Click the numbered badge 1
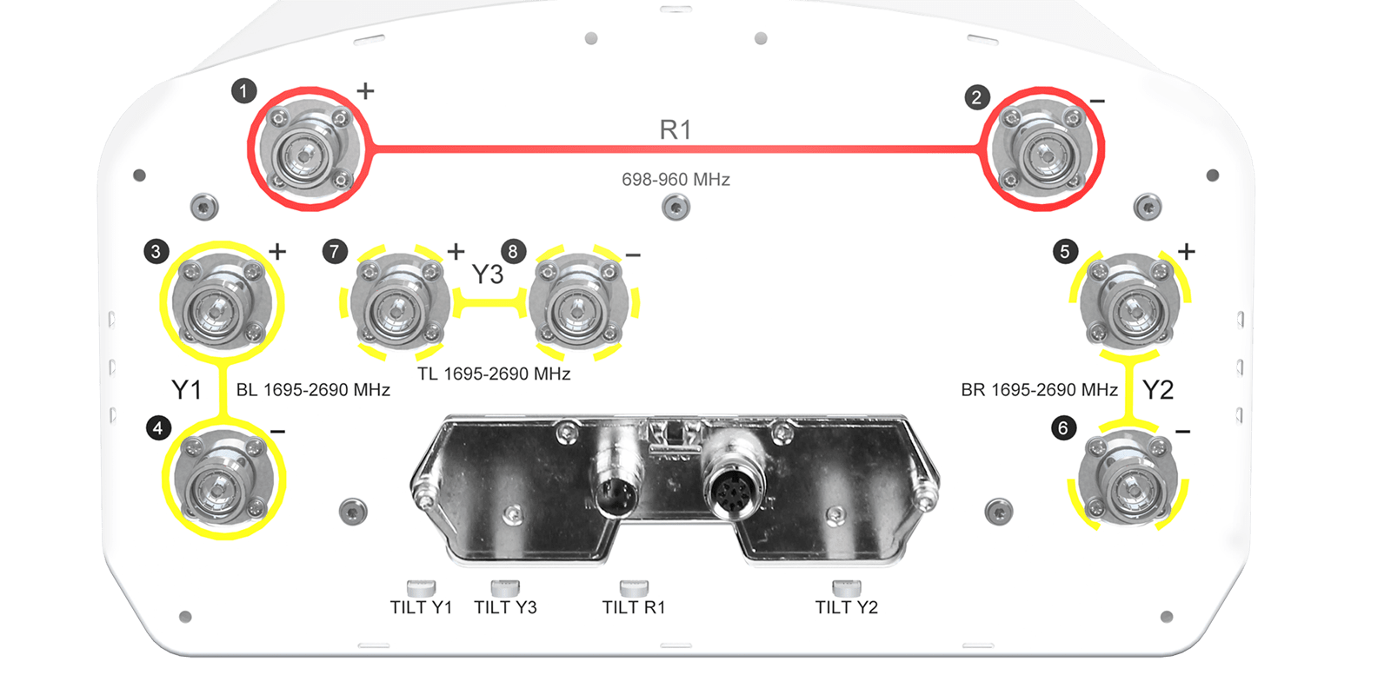point(244,91)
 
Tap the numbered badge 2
point(977,97)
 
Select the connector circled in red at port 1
point(309,149)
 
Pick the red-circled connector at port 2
point(1042,149)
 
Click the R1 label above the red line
point(675,129)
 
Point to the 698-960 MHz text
point(676,179)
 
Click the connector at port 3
point(222,302)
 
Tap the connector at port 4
point(223,480)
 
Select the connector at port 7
point(400,302)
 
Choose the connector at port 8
point(578,302)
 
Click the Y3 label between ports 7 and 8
point(488,275)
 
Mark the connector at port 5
point(1130,302)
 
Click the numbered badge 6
point(1064,428)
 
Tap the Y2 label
point(1158,390)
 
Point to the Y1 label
point(186,390)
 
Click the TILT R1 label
point(634,607)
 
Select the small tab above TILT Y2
point(847,587)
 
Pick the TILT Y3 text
point(505,607)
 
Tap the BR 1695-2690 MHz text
point(1040,390)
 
